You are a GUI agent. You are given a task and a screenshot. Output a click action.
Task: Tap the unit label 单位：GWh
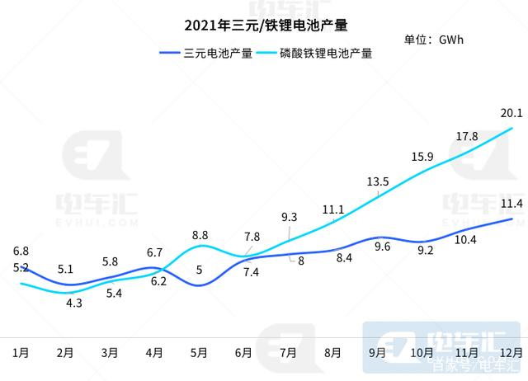click(434, 40)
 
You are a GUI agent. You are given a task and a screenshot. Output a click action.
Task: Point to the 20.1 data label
click(511, 115)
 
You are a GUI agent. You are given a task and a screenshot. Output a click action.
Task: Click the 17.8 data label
click(467, 136)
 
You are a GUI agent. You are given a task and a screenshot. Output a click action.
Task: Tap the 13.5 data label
click(378, 181)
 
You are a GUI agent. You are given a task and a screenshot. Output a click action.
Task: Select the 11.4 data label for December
click(511, 204)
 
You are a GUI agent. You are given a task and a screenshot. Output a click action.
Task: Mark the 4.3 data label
click(73, 303)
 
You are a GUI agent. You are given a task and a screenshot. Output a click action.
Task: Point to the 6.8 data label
click(21, 251)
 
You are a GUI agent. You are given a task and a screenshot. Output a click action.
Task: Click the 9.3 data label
click(290, 218)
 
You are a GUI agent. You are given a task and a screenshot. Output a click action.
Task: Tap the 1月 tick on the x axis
click(21, 352)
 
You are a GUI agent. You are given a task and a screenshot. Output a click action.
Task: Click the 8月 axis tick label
click(333, 352)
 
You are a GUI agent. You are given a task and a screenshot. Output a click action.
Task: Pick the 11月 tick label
click(467, 352)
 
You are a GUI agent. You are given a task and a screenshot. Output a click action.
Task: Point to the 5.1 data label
click(66, 268)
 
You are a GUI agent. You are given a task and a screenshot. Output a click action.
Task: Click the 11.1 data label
click(333, 209)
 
